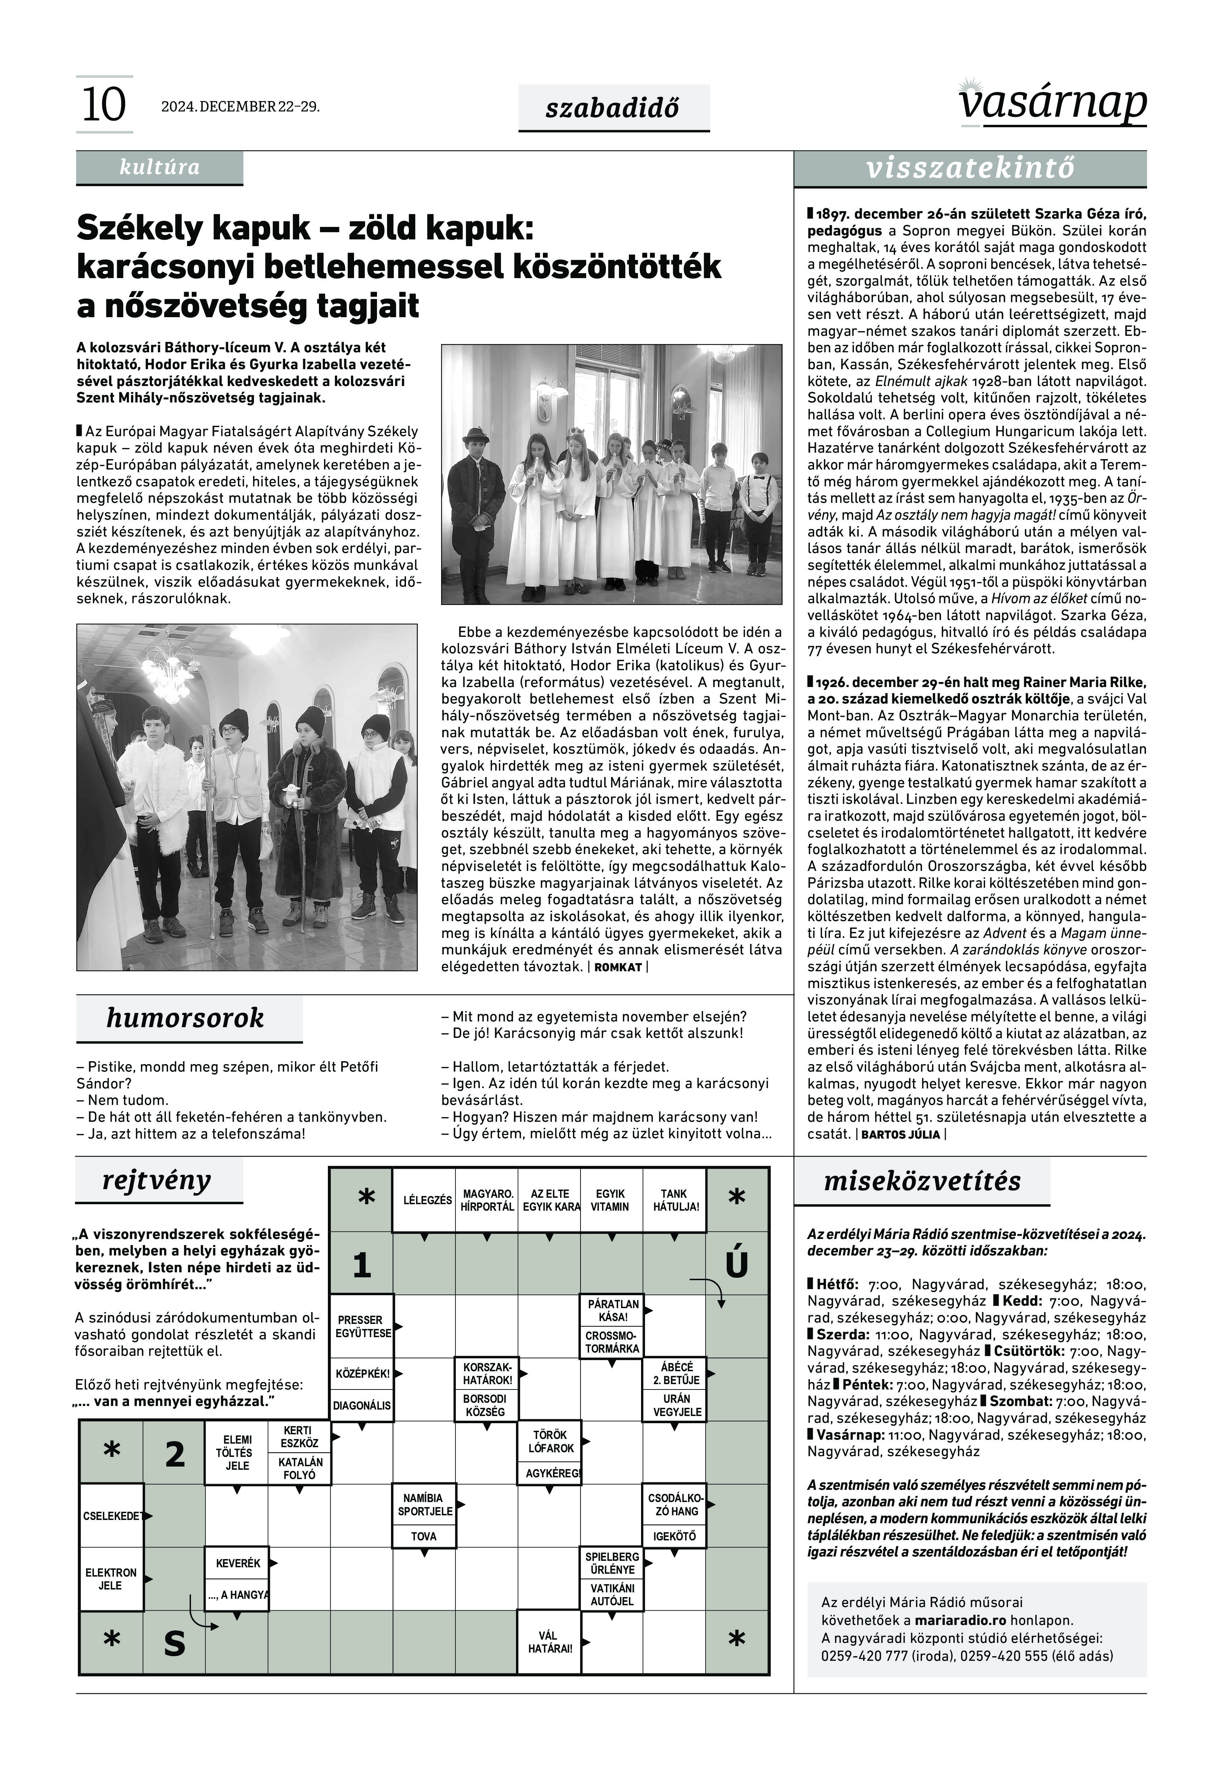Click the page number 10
[x=104, y=105]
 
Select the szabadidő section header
[x=613, y=109]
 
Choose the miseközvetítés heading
[x=922, y=1181]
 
